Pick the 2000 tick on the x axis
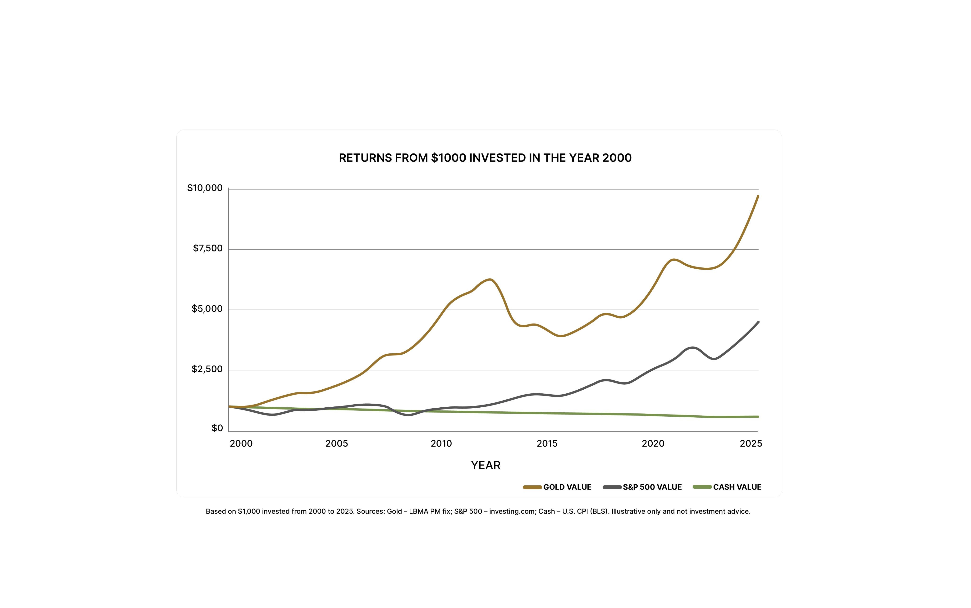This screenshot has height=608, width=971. [x=241, y=444]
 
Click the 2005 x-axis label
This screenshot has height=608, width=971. [x=336, y=444]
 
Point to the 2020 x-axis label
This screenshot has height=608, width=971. [x=653, y=444]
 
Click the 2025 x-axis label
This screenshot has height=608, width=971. [x=751, y=444]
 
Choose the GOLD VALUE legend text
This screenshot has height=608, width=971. [x=567, y=487]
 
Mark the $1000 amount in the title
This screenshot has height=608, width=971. [x=448, y=158]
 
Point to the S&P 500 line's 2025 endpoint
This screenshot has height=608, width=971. [x=758, y=322]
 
